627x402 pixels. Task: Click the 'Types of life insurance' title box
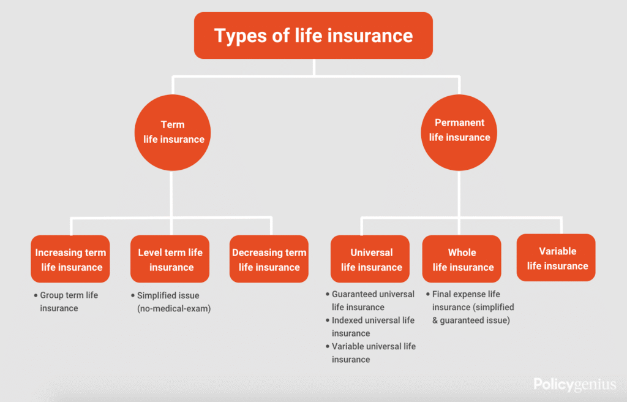pos(313,36)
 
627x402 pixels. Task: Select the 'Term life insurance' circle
pos(172,132)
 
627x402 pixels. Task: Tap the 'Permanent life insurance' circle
pos(459,132)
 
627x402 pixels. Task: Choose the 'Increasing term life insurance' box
pos(70,259)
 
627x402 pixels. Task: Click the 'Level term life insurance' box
pos(170,259)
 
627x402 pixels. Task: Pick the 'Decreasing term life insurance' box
pos(269,259)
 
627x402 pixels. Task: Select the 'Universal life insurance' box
pos(370,259)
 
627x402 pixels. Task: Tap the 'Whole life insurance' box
pos(462,259)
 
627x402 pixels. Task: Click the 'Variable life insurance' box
pos(556,257)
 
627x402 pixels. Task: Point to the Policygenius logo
pos(574,384)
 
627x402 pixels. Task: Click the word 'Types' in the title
pos(240,36)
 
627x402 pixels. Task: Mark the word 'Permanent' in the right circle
pos(459,123)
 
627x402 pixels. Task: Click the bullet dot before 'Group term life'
pos(36,295)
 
